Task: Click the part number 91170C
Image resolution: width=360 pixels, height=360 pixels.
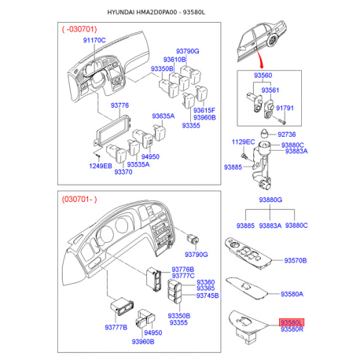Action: [x=94, y=40]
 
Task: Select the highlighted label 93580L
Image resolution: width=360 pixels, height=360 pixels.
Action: [x=292, y=322]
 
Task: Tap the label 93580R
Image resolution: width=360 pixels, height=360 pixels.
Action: [x=292, y=329]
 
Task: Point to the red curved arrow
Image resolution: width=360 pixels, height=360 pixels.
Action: [x=260, y=60]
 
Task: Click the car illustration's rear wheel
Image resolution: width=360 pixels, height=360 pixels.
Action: [x=273, y=41]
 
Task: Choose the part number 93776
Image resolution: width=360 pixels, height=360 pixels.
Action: [x=119, y=105]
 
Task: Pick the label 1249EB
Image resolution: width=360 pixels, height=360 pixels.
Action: [x=101, y=166]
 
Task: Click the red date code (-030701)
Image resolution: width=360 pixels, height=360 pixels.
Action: [x=79, y=29]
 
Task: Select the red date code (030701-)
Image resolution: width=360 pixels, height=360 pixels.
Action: [x=79, y=200]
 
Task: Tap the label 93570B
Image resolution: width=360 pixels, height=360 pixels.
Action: [x=296, y=260]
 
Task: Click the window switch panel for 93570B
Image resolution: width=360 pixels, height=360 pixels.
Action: [x=248, y=253]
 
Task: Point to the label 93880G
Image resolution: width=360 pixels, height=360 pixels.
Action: [x=270, y=200]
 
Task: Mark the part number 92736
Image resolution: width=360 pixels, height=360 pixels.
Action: [x=287, y=134]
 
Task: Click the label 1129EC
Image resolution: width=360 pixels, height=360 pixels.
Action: [x=243, y=142]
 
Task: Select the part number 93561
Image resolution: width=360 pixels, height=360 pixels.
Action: [x=270, y=90]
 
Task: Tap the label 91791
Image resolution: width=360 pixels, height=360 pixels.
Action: [x=285, y=108]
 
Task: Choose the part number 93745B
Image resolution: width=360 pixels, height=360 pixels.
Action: [x=208, y=296]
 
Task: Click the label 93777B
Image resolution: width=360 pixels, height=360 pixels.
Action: [x=116, y=327]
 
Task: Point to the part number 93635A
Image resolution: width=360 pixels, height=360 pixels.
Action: [x=163, y=116]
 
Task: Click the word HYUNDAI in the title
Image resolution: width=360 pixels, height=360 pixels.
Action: [x=121, y=13]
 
